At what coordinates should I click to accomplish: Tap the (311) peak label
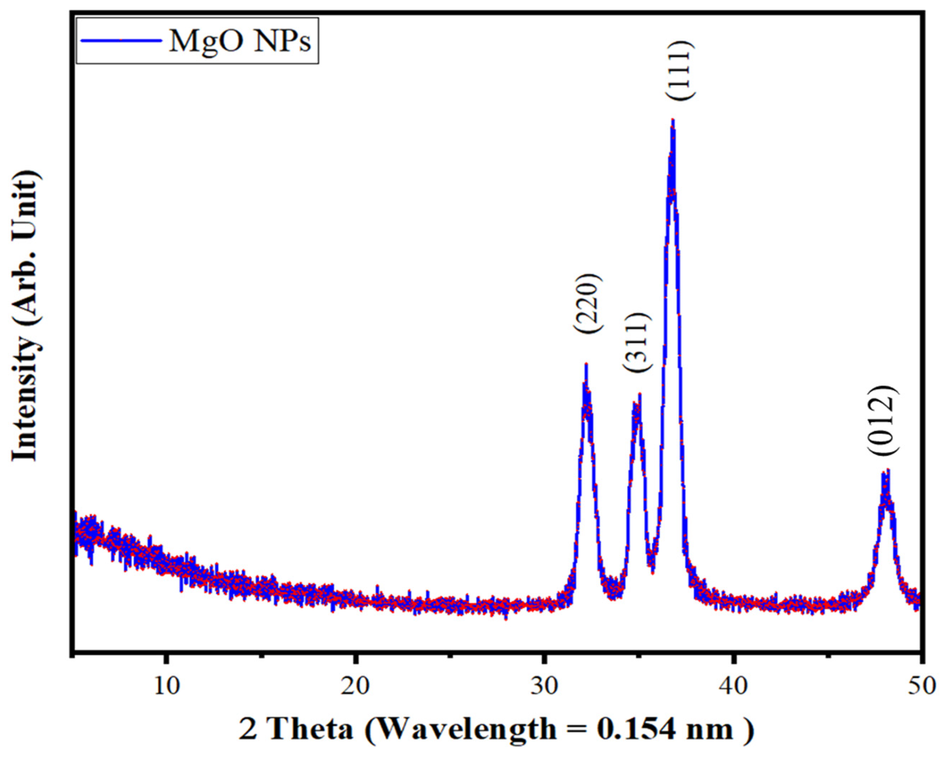[x=634, y=342]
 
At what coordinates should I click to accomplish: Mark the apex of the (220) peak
[x=586, y=364]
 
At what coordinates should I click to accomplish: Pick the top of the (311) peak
[x=640, y=394]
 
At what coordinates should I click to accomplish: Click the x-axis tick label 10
[x=166, y=685]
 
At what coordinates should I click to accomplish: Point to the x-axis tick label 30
[x=544, y=685]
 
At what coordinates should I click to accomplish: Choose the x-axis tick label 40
[x=733, y=685]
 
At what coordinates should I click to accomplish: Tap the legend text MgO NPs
[x=240, y=41]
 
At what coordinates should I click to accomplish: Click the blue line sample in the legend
[x=120, y=41]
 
